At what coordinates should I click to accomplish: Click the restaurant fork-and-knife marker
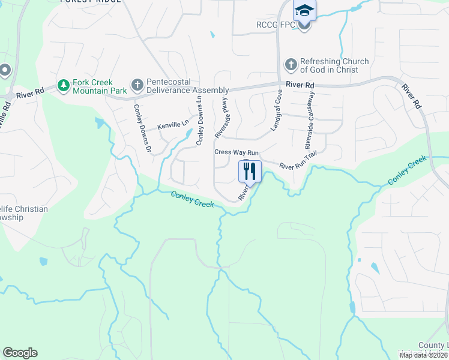[x=250, y=171]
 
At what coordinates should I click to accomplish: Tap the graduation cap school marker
[x=304, y=11]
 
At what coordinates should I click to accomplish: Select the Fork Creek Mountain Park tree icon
[x=63, y=86]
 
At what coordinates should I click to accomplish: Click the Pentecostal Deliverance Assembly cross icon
[x=137, y=86]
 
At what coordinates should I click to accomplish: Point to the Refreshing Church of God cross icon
[x=291, y=65]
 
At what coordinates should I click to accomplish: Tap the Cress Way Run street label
[x=237, y=152]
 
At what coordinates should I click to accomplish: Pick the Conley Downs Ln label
[x=200, y=122]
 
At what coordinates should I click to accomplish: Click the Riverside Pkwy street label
[x=221, y=117]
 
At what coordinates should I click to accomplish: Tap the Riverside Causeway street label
[x=310, y=120]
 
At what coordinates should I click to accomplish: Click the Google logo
[x=20, y=353]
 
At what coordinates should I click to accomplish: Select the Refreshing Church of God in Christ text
[x=334, y=65]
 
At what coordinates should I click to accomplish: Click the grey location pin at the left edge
[x=5, y=70]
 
